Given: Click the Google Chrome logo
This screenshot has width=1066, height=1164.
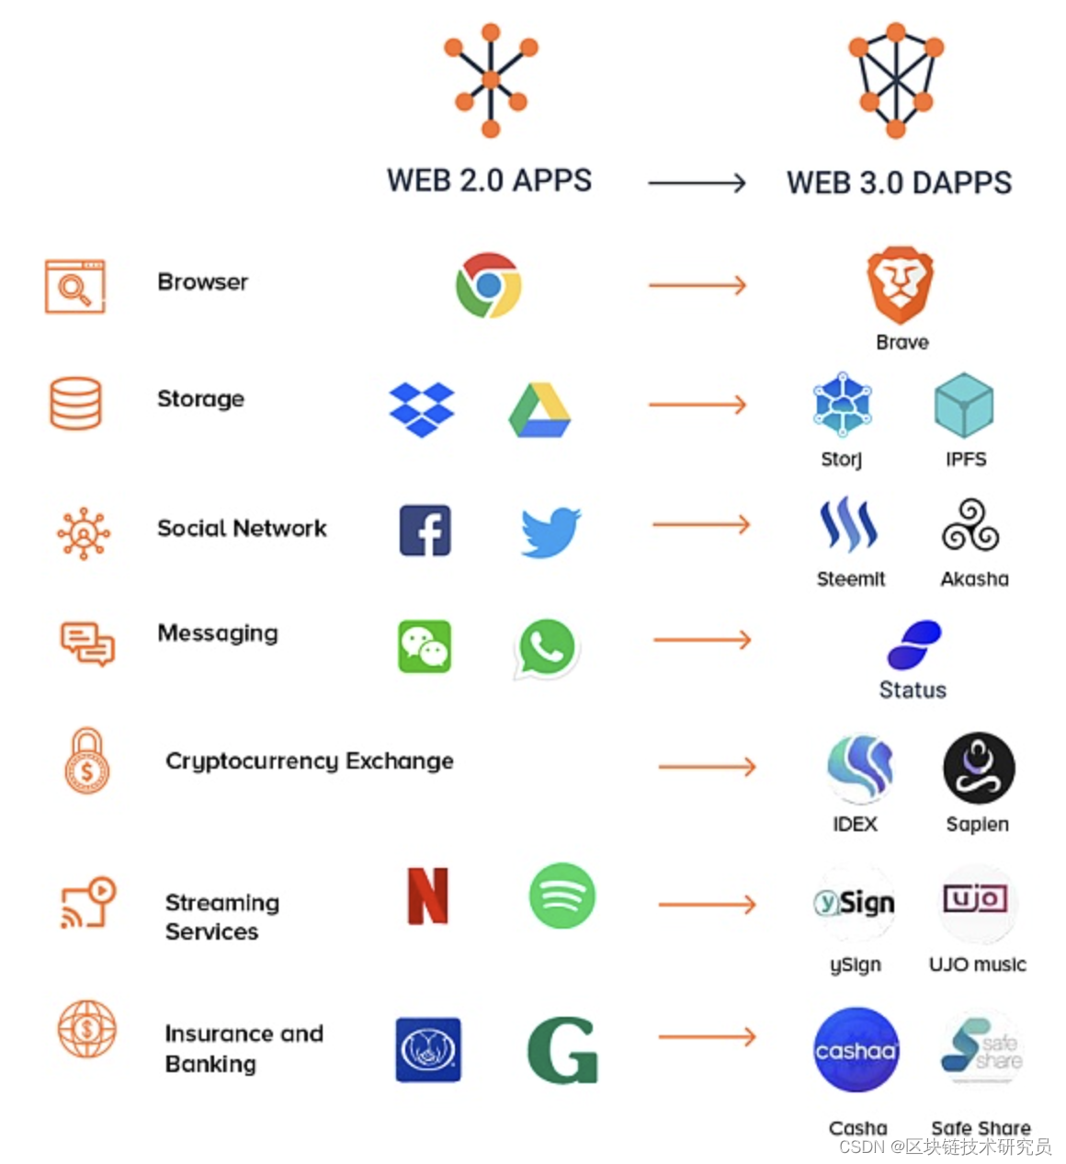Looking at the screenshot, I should tap(488, 285).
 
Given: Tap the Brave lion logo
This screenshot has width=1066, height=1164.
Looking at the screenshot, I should tap(900, 284).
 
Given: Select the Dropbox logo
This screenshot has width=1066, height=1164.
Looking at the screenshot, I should tap(422, 409).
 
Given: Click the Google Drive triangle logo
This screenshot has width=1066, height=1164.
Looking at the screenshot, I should tap(539, 410).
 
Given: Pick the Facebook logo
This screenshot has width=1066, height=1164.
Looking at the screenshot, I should tap(425, 531).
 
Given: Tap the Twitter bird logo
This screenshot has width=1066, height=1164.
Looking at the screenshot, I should tap(550, 531).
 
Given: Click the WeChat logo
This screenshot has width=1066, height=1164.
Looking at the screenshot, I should tap(425, 646).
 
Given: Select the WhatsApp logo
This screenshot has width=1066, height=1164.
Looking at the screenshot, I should tap(547, 647).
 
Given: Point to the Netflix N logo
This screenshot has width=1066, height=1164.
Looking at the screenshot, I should tap(428, 896).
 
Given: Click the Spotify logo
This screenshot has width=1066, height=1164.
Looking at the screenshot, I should tap(562, 896).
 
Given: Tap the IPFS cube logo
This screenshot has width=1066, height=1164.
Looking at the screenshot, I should tap(964, 405).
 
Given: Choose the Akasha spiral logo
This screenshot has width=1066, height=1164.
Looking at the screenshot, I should tap(970, 525).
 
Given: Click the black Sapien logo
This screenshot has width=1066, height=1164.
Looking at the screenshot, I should tap(979, 768).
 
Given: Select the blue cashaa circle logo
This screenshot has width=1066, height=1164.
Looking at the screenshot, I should tap(856, 1050).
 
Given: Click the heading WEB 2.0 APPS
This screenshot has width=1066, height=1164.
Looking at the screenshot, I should tap(489, 180).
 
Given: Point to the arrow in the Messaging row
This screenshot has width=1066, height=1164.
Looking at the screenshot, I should tap(701, 640).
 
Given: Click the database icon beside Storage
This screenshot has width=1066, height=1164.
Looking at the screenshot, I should tap(75, 404).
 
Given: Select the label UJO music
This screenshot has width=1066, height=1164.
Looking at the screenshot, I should tap(977, 964).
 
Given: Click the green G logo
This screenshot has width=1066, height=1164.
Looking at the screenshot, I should tap(562, 1050).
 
